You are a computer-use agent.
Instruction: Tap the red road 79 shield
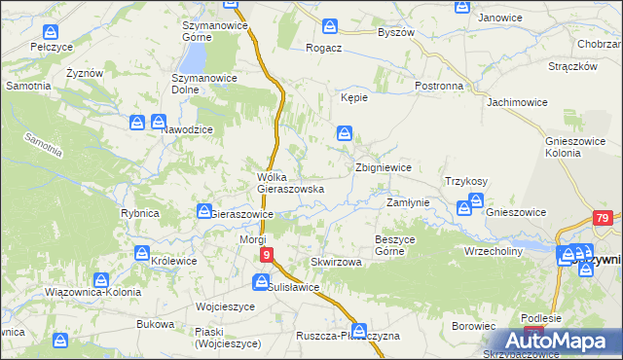point(604,219)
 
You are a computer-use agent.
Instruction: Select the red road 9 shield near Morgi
point(266,255)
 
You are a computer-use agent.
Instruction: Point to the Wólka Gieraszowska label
point(283,183)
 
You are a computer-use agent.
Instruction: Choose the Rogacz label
point(323,48)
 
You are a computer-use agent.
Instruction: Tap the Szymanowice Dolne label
point(200,83)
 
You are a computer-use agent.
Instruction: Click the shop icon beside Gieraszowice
point(204,211)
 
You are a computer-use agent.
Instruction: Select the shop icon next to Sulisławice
point(261,282)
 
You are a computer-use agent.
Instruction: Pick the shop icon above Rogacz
point(331,27)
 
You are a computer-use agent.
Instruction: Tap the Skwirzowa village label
point(336,263)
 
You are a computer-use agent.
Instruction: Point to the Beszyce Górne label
point(396,244)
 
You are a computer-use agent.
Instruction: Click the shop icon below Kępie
point(345,133)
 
